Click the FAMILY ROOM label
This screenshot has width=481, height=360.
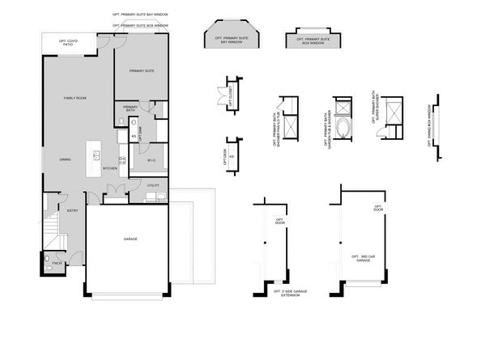pos(75,99)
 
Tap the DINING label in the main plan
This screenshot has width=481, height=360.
pos(65,159)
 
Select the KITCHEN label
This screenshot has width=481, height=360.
pos(110,168)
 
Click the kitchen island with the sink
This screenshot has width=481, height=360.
pos(95,156)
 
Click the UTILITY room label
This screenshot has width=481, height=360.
pos(153,186)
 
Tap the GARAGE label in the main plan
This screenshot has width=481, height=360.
pos(130,239)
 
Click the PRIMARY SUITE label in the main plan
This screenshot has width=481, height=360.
pos(142,71)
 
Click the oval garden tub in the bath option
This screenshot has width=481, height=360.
pos(343,129)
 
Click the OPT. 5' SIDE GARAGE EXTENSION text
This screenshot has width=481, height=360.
pos(286,294)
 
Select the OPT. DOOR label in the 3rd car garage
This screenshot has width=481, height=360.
pos(377,208)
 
